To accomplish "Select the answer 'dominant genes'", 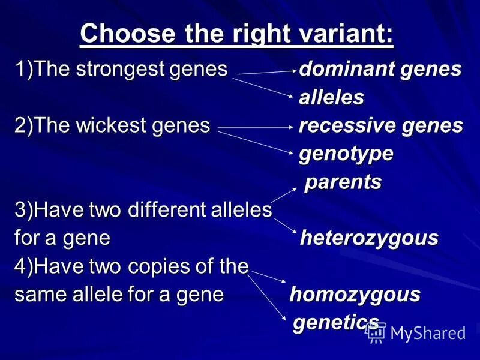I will point(380,70).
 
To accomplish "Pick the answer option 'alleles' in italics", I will point(332,98).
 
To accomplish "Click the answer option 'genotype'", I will point(347,154).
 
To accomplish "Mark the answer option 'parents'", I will point(344,182).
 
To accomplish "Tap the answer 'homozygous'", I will point(355,295).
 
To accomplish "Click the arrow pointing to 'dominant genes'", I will point(264,73).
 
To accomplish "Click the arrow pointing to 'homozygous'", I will point(268,277).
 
